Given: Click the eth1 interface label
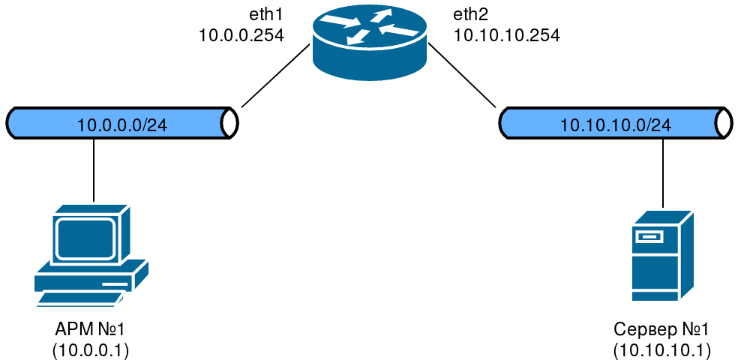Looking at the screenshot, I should pyautogui.click(x=267, y=15).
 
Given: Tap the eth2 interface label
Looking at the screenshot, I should pyautogui.click(x=470, y=15).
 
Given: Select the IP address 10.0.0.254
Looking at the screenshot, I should pyautogui.click(x=241, y=34).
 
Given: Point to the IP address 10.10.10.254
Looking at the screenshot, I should pyautogui.click(x=506, y=34).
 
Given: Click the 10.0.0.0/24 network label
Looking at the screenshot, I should pyautogui.click(x=122, y=124).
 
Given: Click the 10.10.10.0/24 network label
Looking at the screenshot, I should pyautogui.click(x=615, y=124).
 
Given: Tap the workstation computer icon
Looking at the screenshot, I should pyautogui.click(x=90, y=255).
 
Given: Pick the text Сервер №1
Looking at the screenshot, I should pyautogui.click(x=661, y=330).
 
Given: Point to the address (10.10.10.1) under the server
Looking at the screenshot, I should pyautogui.click(x=661, y=349).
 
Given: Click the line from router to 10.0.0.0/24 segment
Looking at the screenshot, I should pyautogui.click(x=275, y=76).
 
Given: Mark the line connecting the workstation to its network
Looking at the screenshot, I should pyautogui.click(x=94, y=169).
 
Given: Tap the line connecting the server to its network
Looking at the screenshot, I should pyautogui.click(x=663, y=173).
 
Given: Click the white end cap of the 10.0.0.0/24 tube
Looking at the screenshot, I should pyautogui.click(x=229, y=122).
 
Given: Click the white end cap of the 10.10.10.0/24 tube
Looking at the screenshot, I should pyautogui.click(x=724, y=122).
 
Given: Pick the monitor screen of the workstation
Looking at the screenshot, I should pyautogui.click(x=84, y=238).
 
